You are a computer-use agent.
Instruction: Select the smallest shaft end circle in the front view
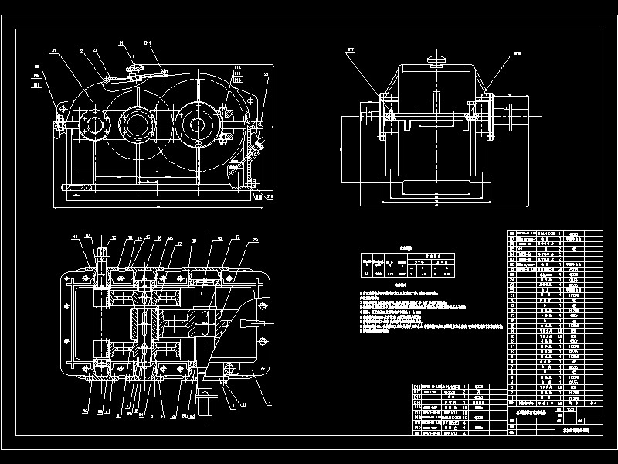[x=95, y=125]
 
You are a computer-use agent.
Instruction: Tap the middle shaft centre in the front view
[x=138, y=125]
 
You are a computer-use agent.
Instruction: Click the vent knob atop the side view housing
[x=437, y=60]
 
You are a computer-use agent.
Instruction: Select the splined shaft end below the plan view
[x=206, y=402]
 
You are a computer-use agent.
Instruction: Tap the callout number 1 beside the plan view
[x=268, y=402]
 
